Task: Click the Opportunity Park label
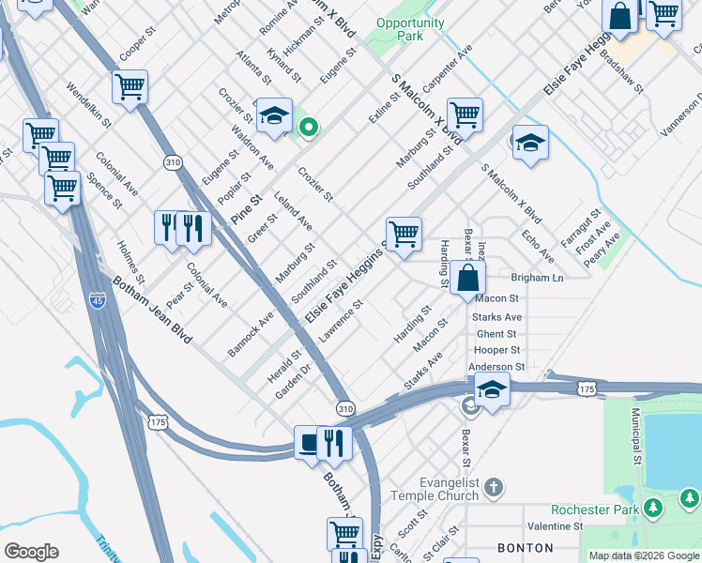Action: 410,29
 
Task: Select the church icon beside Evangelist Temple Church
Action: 495,488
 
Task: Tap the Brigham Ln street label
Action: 537,278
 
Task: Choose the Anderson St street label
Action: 496,367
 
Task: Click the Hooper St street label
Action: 496,350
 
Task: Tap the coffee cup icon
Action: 309,443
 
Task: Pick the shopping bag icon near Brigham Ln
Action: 467,278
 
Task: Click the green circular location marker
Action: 306,128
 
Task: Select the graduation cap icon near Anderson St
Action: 492,388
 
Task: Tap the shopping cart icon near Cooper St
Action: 130,87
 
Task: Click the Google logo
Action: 31,552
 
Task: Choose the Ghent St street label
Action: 496,334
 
